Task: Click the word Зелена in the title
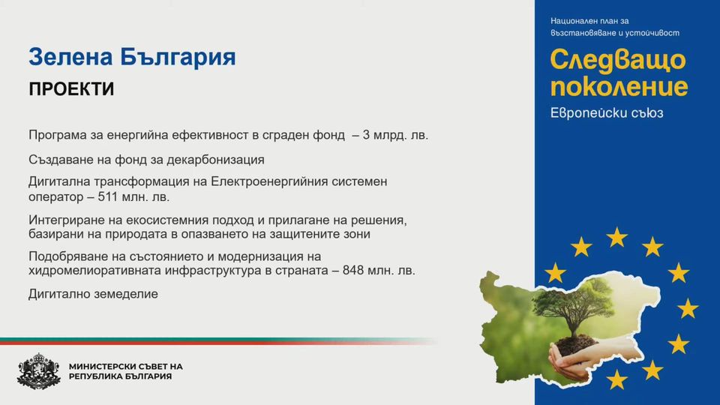click(x=70, y=58)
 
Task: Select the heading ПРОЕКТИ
click(x=71, y=89)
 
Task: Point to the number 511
click(x=108, y=197)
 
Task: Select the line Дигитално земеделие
click(x=93, y=294)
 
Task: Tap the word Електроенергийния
click(x=269, y=181)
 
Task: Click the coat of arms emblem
click(x=39, y=371)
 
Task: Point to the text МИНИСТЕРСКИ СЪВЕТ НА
click(x=126, y=367)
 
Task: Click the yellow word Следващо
click(x=618, y=61)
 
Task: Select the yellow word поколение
click(x=619, y=87)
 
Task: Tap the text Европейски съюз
click(x=607, y=113)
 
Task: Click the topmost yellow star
click(x=616, y=238)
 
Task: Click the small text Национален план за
click(x=589, y=21)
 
